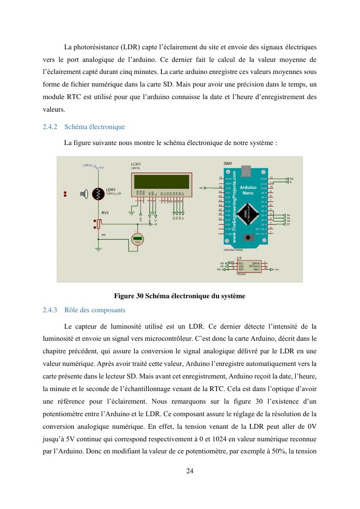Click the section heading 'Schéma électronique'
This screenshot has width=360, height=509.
[x=94, y=127]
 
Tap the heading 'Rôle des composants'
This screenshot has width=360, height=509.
[x=95, y=310]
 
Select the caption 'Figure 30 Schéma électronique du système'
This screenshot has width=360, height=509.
[x=179, y=296]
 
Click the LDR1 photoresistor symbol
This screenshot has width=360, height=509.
[x=99, y=194]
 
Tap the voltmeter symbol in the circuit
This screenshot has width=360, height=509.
[x=138, y=239]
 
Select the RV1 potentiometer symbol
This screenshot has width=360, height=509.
[x=99, y=223]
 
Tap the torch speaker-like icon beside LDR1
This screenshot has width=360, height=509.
[x=84, y=194]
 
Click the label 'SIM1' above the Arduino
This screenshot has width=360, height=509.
[x=228, y=163]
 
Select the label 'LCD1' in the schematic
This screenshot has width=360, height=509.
[x=136, y=164]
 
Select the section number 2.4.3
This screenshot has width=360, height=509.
[x=50, y=310]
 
